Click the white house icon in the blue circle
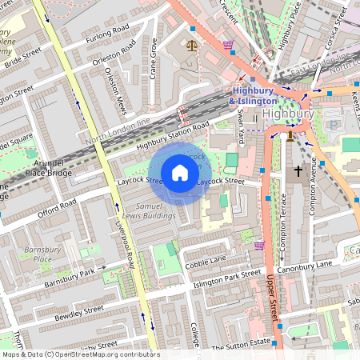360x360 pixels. click(x=180, y=172)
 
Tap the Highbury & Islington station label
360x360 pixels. click(x=254, y=96)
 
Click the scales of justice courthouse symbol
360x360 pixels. click(x=191, y=46)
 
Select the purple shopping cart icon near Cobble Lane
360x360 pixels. click(x=258, y=246)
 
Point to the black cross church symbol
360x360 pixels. click(x=298, y=170)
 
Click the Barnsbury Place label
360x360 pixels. click(x=37, y=254)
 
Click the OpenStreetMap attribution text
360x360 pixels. click(x=80, y=354)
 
